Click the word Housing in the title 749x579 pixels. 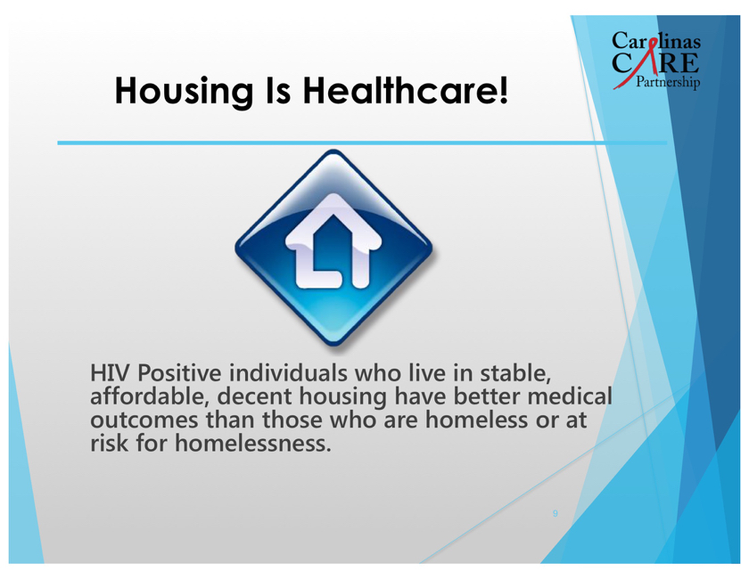[x=184, y=91]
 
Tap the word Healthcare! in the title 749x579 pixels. [x=406, y=90]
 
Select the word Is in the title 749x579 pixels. [x=278, y=90]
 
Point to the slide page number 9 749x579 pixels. [x=555, y=514]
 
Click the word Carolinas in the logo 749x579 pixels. [x=656, y=41]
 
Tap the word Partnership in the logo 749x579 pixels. [x=668, y=82]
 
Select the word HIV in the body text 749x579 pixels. [x=110, y=373]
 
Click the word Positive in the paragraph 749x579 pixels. [x=179, y=373]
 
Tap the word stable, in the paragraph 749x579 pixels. [x=516, y=374]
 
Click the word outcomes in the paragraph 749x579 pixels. [x=144, y=420]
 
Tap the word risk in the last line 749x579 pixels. [x=110, y=443]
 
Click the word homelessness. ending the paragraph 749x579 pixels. [x=252, y=443]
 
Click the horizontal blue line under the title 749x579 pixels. [x=362, y=143]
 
